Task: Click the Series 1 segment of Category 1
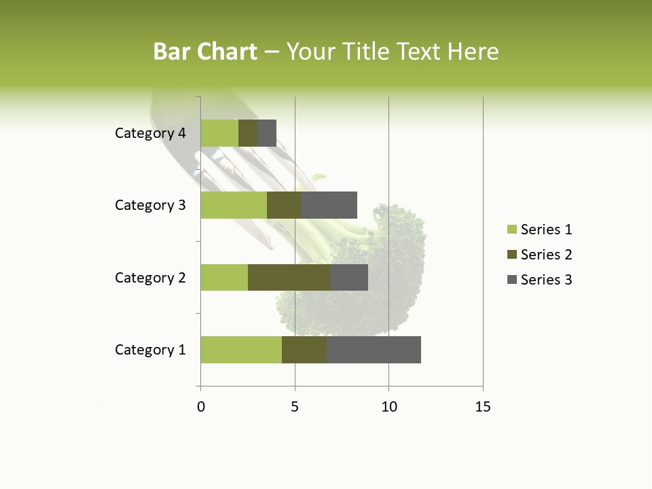241,350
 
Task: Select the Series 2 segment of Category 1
304,350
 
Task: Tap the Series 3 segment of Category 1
374,350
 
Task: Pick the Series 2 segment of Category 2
289,277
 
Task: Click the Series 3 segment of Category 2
349,277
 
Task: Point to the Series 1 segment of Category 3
234,205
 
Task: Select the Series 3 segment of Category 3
329,205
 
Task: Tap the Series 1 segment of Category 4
219,133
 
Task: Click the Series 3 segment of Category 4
267,133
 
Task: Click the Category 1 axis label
150,350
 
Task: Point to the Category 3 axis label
150,205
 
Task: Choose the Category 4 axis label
150,133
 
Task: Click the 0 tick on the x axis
201,407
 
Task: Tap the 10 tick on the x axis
388,407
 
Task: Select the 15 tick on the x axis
483,407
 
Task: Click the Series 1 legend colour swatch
511,230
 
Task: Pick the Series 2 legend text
546,255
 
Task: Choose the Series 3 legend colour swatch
511,280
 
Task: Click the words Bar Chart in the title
205,52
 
